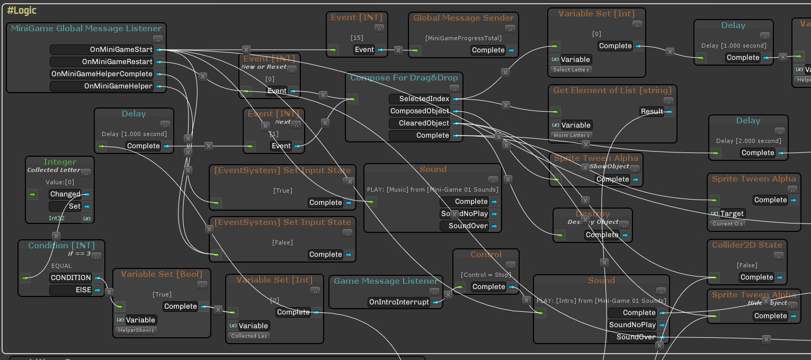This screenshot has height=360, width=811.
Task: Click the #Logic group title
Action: click(22, 11)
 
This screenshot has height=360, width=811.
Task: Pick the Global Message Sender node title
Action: click(464, 18)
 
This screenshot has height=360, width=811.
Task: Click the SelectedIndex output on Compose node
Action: click(420, 99)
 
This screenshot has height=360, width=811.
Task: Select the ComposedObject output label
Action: click(420, 111)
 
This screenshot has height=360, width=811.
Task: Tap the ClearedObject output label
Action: click(420, 123)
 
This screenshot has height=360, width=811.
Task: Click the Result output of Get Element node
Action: click(652, 111)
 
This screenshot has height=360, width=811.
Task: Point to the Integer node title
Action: click(60, 161)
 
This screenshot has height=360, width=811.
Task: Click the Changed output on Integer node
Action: click(65, 194)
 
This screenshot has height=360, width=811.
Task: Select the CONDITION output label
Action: click(70, 278)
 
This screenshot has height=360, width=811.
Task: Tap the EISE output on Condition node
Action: click(70, 290)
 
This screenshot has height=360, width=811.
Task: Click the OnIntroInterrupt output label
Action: click(399, 302)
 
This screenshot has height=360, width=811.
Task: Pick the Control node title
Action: click(486, 255)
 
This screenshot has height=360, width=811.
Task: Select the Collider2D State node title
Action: click(747, 245)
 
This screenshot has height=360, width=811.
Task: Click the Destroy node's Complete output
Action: click(602, 235)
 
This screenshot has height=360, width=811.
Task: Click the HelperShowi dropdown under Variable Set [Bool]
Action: click(136, 330)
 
